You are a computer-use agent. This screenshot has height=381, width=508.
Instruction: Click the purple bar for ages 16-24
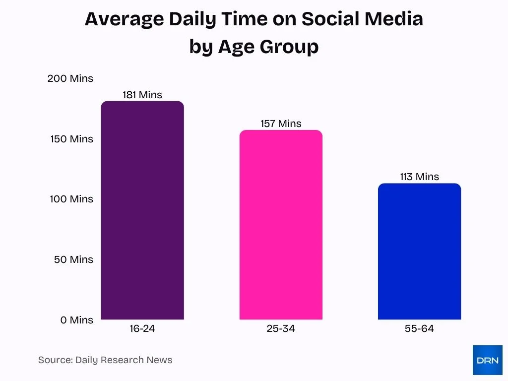coord(142,210)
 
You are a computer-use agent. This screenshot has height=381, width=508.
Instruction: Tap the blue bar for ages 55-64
coord(419,252)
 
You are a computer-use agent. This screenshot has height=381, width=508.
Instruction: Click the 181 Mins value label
coord(142,95)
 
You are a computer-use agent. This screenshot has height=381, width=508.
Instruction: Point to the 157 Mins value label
coord(281,124)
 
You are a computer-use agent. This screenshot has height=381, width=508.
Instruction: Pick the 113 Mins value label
coord(419,177)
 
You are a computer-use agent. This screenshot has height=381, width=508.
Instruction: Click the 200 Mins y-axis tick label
coord(70,78)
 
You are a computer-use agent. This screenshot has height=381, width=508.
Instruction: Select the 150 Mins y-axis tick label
coord(71,139)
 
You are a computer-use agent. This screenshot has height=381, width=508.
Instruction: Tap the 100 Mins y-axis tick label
coord(71,199)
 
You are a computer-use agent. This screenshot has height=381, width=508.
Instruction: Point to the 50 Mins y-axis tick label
coord(73,259)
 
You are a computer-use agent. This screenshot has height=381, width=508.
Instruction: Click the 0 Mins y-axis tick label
coord(77,320)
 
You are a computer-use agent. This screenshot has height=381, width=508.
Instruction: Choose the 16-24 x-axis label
coord(142,328)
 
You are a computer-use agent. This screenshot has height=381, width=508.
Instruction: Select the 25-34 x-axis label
coord(281,328)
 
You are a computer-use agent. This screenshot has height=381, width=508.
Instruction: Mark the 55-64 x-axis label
coord(419,328)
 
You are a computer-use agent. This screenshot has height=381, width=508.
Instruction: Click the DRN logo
coord(487,360)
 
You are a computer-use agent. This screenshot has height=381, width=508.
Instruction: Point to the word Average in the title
coord(124,19)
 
